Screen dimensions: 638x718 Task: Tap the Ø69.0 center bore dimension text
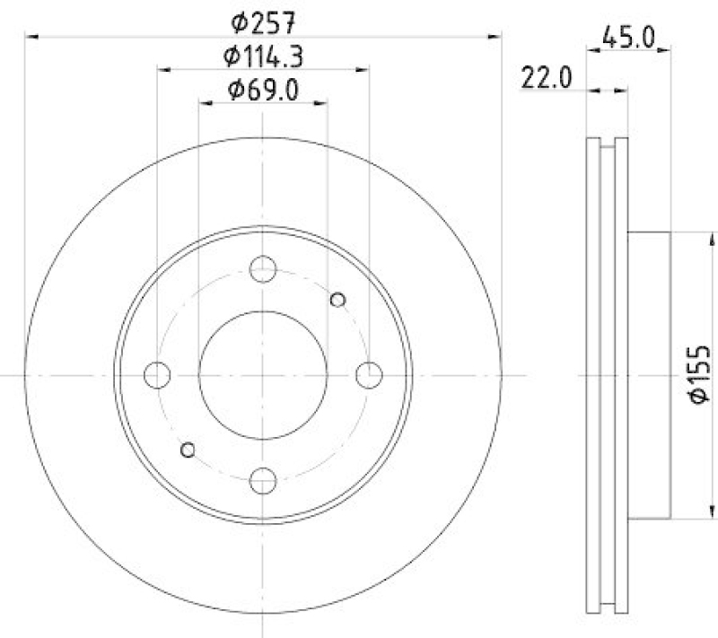[x=262, y=89]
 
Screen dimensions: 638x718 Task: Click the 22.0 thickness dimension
[x=547, y=79]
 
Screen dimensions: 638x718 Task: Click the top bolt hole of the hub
[x=263, y=268]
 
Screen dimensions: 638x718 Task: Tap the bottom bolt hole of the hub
[x=263, y=481]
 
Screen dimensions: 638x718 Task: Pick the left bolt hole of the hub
[x=157, y=374]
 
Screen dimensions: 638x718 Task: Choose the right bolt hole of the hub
[x=369, y=374]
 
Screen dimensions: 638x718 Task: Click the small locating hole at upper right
[x=338, y=300]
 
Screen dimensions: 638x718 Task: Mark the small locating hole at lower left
[x=188, y=449]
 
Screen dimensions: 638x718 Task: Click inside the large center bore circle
[x=263, y=374]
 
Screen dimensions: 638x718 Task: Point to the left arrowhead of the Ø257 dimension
[x=31, y=36]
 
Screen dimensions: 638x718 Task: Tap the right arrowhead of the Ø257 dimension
[x=495, y=36]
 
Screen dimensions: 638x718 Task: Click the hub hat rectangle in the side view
[x=648, y=374]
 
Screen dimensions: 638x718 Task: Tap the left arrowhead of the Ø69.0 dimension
[x=205, y=104]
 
